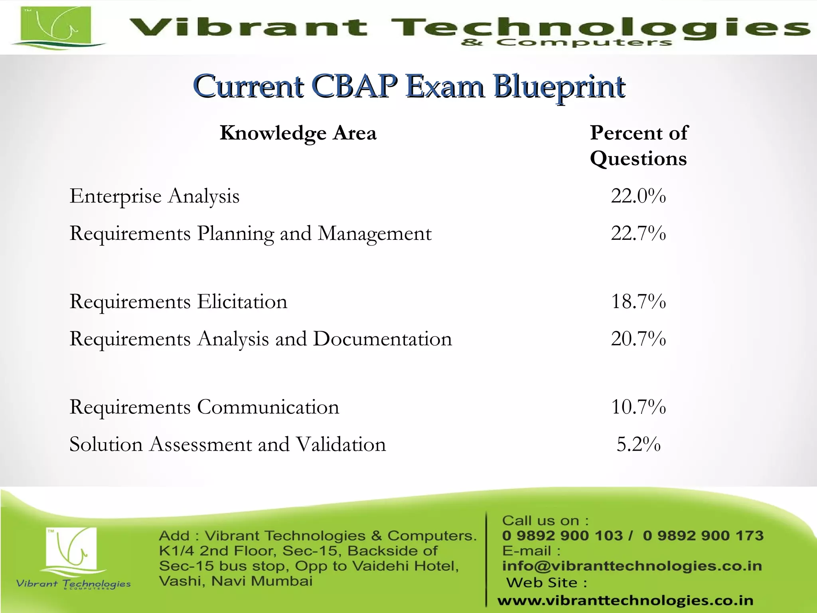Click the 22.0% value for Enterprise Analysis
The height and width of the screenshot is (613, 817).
coord(638,196)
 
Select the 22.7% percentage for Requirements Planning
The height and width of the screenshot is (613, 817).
coord(638,233)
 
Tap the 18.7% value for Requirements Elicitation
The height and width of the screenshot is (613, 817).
coord(638,301)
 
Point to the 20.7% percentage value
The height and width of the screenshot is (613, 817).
coord(638,338)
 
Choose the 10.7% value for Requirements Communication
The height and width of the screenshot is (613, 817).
coord(638,407)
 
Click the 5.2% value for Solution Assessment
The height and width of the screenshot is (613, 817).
coord(638,444)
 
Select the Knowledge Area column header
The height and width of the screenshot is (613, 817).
coord(298,133)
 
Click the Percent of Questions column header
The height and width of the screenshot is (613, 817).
coord(639,146)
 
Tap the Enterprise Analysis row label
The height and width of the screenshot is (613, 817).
coord(154,196)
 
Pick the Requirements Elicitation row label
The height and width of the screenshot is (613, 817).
coord(178,301)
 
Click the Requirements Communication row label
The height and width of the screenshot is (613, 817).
coord(204,407)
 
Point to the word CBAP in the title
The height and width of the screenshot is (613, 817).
coord(354,86)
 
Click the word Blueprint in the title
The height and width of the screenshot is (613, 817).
coord(559,87)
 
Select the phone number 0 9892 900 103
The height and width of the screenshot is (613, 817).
coord(562,536)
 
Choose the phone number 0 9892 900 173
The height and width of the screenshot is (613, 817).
coord(703,536)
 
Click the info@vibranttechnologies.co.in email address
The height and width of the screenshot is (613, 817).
coord(632,566)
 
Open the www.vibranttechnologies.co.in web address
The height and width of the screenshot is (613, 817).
coord(625,600)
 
